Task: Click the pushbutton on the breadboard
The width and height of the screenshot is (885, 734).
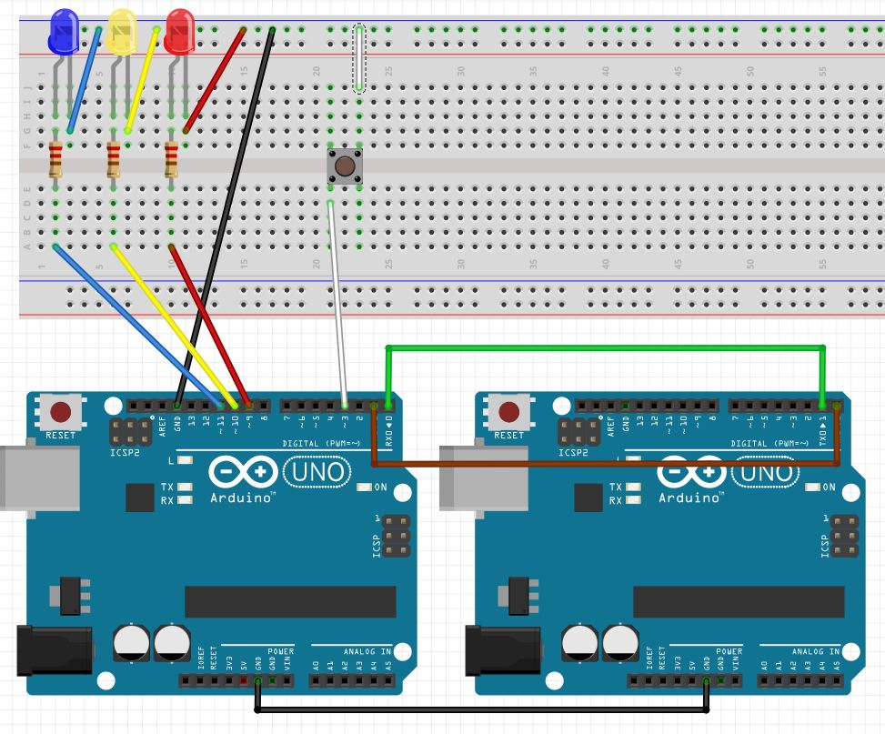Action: [x=345, y=166]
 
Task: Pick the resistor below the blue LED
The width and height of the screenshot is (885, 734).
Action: [x=55, y=160]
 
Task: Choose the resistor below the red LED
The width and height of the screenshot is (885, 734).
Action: [x=171, y=160]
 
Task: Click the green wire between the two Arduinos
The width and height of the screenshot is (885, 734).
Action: [x=605, y=347]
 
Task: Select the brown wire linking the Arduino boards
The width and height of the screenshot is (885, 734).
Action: [x=605, y=464]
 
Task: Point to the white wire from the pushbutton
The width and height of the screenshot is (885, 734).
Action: [x=337, y=300]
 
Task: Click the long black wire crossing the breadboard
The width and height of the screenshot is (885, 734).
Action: [x=223, y=218]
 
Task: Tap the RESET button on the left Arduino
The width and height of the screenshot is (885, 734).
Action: [x=61, y=412]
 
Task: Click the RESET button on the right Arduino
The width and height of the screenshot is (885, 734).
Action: [x=509, y=412]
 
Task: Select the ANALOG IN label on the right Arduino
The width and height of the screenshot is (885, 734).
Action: [x=815, y=651]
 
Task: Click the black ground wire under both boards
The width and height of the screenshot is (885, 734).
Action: [x=482, y=709]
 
